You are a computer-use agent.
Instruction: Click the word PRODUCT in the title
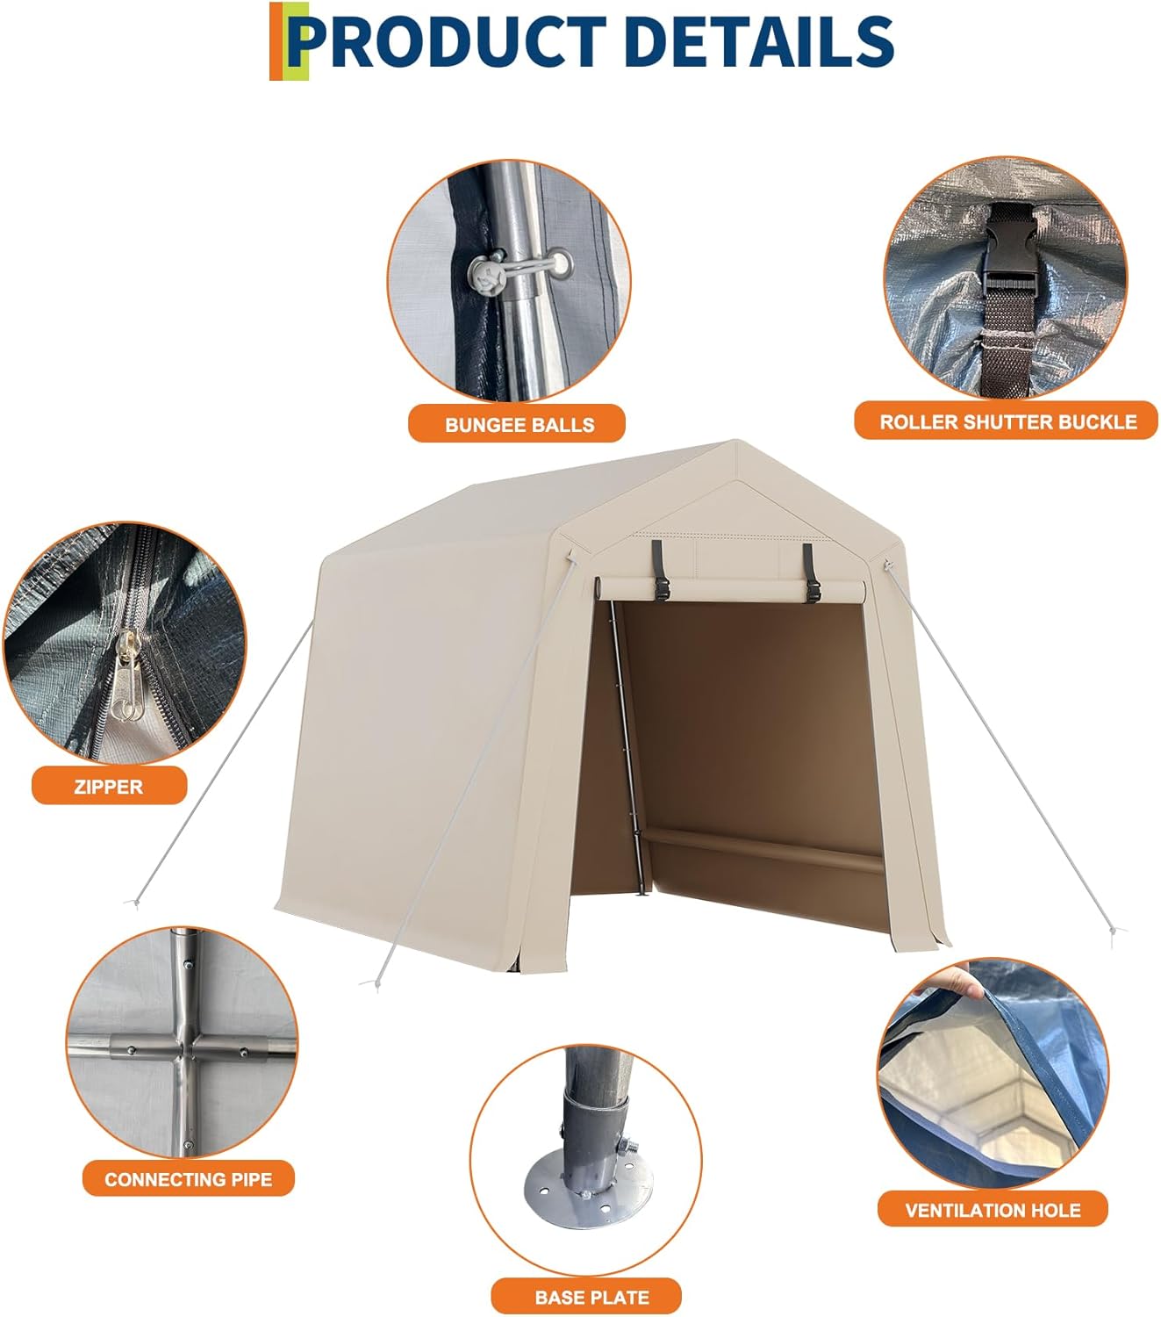pos(448,40)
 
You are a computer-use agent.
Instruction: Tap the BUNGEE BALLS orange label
pos(519,425)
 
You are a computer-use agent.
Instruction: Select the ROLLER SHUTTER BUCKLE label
pos(1007,422)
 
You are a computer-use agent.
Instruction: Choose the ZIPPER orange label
pos(109,787)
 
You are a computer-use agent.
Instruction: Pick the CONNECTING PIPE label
pos(189,1179)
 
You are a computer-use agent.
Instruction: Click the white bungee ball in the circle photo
pos(487,277)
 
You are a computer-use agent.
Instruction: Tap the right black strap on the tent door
pos(809,571)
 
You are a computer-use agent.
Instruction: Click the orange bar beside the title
pos(276,40)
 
